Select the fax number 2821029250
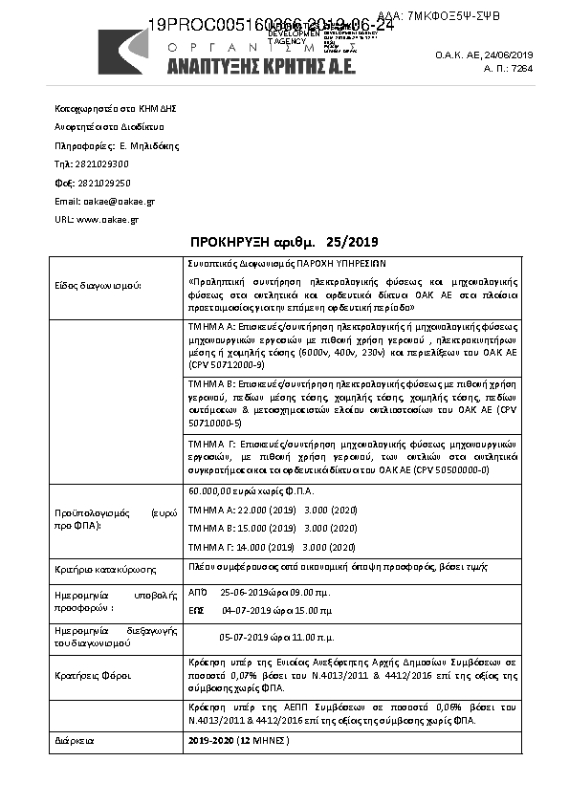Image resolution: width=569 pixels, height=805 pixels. (x=104, y=183)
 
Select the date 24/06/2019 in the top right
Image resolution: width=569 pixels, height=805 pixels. (x=510, y=55)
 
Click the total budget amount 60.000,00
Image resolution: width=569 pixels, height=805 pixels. (x=211, y=490)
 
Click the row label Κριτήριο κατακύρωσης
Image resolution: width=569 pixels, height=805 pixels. (x=106, y=569)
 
